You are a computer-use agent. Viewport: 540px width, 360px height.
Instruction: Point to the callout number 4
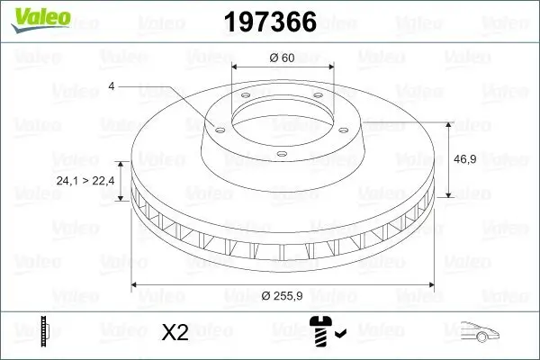(112, 86)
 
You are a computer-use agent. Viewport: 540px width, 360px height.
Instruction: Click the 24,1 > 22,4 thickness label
(85, 181)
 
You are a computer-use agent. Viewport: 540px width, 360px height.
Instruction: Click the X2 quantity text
(174, 333)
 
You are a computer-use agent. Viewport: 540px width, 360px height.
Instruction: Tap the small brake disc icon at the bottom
(43, 332)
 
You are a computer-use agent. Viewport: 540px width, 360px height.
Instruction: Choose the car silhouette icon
(481, 332)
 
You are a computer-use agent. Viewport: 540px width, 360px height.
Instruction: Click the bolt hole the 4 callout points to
(216, 126)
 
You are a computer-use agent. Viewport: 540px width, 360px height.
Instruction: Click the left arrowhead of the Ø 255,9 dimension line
(136, 284)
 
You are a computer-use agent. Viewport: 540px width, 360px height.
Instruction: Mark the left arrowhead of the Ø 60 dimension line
(236, 67)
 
